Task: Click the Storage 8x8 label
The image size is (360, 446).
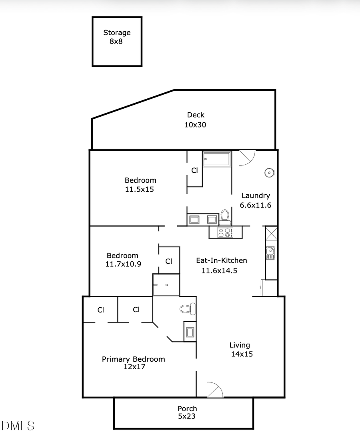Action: (117, 37)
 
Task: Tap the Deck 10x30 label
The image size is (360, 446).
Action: (196, 120)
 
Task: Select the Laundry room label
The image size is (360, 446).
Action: (256, 200)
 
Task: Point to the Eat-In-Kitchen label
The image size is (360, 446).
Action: (221, 265)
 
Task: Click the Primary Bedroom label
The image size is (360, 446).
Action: (133, 362)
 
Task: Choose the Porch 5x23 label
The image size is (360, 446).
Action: (187, 412)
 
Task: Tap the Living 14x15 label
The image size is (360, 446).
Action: (240, 349)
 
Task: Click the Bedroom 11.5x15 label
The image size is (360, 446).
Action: (140, 185)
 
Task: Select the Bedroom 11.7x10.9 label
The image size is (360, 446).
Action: (122, 260)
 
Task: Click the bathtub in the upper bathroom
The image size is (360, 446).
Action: (217, 159)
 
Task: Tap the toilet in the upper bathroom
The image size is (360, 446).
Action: (225, 217)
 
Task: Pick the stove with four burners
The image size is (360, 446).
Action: (225, 232)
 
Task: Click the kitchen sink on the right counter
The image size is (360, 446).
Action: (270, 253)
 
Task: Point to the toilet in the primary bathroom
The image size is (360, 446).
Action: (187, 309)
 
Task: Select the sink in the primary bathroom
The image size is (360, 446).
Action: (190, 332)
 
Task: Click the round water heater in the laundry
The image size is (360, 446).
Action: (269, 173)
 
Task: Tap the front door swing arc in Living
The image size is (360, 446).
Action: (215, 390)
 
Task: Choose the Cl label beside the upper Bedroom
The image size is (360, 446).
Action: (194, 170)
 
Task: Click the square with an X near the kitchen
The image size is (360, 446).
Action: (271, 233)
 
